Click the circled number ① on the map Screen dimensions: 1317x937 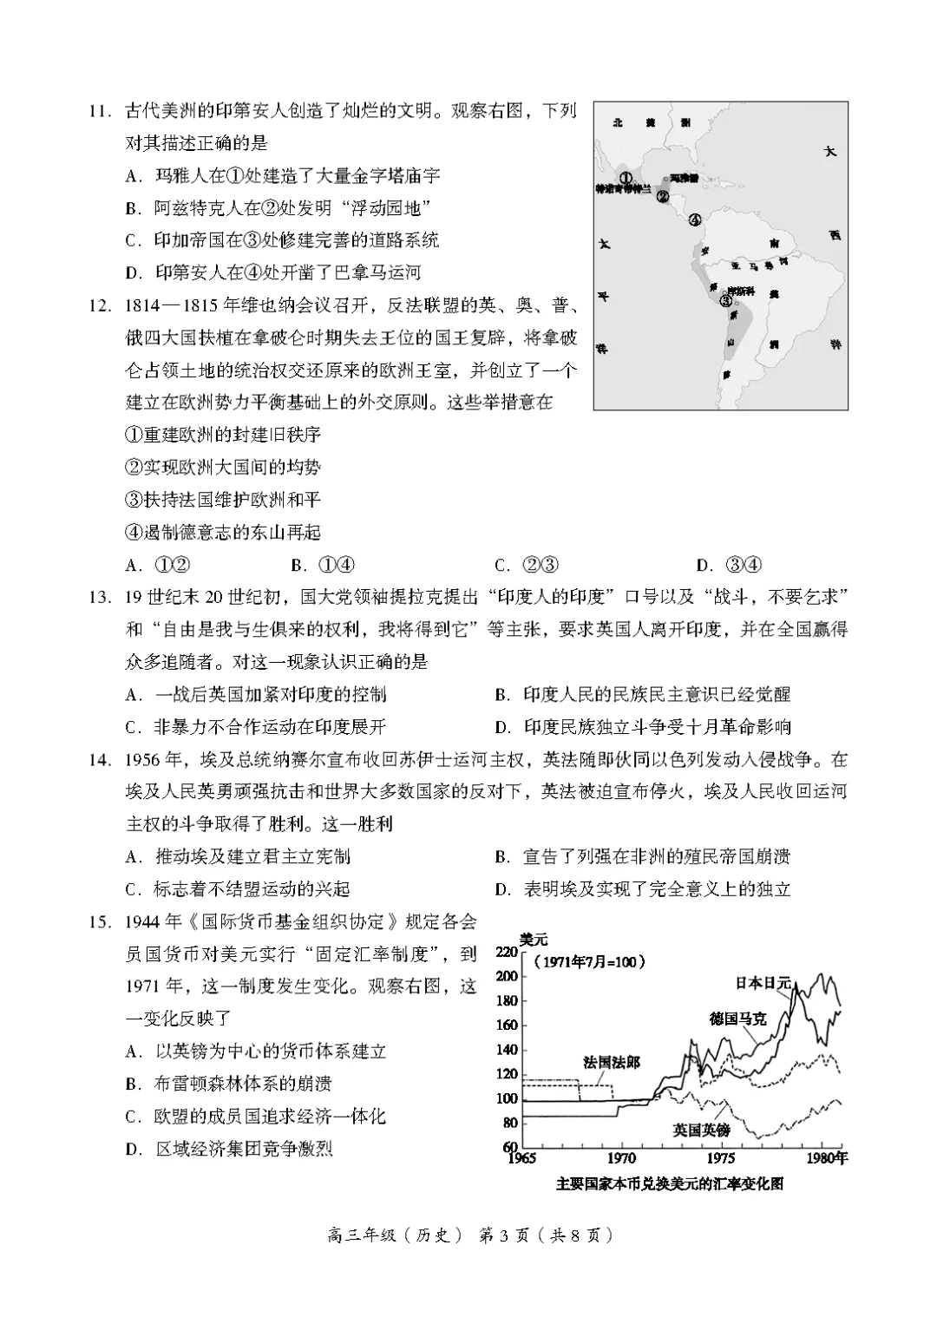[626, 177]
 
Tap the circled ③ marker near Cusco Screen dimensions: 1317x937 [725, 300]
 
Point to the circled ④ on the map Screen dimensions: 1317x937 [695, 219]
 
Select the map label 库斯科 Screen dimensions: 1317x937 [740, 290]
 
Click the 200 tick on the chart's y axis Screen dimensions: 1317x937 [506, 976]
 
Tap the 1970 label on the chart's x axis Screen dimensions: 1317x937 [621, 1158]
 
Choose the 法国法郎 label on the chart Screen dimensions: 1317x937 [612, 1063]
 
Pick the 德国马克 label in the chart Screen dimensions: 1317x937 [737, 1019]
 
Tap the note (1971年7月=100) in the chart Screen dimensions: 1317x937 [589, 961]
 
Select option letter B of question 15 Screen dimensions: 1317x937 [133, 1084]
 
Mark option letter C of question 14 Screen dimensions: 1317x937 [133, 889]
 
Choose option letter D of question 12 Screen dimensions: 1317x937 [704, 566]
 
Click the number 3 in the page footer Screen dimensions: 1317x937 [509, 1235]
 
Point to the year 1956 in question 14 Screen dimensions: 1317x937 [145, 760]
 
